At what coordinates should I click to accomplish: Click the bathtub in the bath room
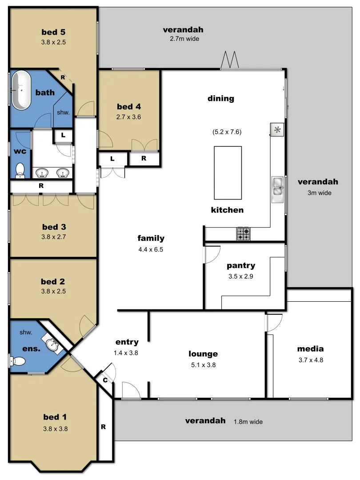click(21, 91)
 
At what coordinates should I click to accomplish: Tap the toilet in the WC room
click(20, 169)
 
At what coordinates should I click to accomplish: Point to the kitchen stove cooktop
click(243, 234)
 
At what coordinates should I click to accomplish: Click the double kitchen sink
click(278, 187)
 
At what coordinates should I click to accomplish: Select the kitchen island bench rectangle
click(228, 172)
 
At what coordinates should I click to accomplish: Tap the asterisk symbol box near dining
click(277, 130)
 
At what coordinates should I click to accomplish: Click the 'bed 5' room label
click(53, 32)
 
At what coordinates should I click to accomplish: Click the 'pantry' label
click(241, 266)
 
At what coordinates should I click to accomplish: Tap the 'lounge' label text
click(203, 354)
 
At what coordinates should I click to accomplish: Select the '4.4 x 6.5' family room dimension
click(151, 249)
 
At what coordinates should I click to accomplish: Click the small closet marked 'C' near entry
click(105, 380)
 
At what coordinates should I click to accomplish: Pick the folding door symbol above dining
click(231, 60)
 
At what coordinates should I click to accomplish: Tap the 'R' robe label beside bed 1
click(103, 427)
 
